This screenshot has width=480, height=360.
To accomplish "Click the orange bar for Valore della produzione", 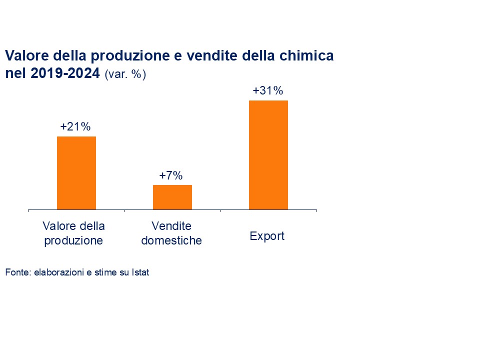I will pyautogui.click(x=76, y=172).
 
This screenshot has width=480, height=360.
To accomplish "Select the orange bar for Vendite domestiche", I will pyautogui.click(x=172, y=197).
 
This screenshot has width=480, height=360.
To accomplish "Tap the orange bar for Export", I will pyautogui.click(x=268, y=154).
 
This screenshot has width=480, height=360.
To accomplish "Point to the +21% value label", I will pyautogui.click(x=75, y=127).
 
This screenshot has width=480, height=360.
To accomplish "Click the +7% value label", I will pyautogui.click(x=171, y=175).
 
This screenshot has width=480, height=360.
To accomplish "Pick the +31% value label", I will pyautogui.click(x=268, y=91).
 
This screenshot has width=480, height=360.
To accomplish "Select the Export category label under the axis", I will pyautogui.click(x=267, y=236).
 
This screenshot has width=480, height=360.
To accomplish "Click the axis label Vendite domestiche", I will pyautogui.click(x=171, y=233).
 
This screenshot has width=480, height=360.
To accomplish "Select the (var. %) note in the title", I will pyautogui.click(x=125, y=75).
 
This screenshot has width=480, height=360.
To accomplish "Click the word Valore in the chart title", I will pyautogui.click(x=26, y=56).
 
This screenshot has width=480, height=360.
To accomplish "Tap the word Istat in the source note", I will pyautogui.click(x=140, y=273).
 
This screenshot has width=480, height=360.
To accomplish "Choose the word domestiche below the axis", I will pyautogui.click(x=171, y=240).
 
